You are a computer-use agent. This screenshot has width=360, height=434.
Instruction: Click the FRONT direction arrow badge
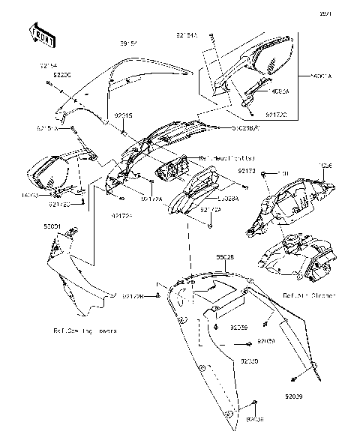coord(41,33)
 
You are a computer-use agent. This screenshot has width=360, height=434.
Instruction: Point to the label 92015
coord(124,116)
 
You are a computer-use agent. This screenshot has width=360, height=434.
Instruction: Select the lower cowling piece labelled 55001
coord(71,277)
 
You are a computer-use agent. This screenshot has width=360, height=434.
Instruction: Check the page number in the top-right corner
coord(347,13)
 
